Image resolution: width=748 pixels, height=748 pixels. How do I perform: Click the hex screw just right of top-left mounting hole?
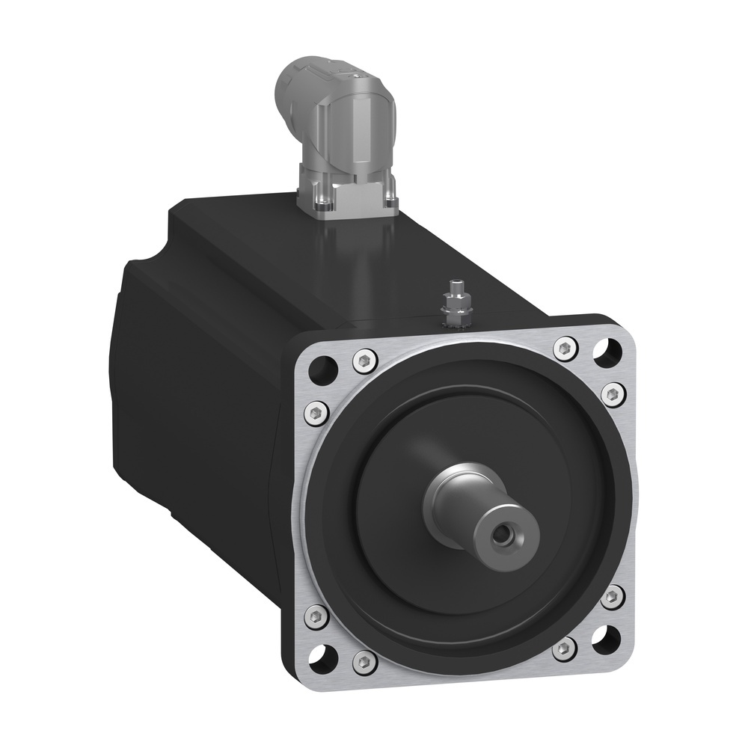pos(364,361)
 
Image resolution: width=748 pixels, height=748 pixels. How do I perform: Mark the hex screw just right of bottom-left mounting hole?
pos(364,660)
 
